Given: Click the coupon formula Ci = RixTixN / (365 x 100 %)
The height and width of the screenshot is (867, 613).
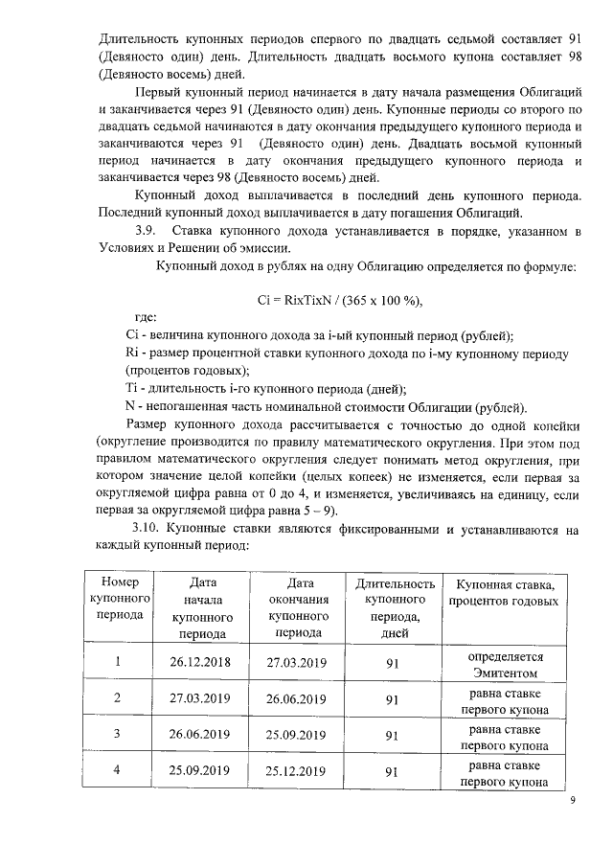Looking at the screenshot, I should click(340, 300).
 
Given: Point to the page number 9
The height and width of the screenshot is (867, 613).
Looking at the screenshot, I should click(572, 801).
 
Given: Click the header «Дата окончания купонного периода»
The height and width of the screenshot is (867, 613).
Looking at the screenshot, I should click(298, 607).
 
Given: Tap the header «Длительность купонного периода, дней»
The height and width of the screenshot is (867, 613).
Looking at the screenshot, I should click(395, 607).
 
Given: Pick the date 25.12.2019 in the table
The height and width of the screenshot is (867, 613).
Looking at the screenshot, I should click(298, 770).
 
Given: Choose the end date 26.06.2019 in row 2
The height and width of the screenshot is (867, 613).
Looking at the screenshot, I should click(298, 698).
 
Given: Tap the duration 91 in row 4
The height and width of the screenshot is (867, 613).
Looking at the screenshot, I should click(392, 771).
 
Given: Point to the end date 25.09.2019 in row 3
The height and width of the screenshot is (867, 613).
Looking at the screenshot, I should click(298, 735).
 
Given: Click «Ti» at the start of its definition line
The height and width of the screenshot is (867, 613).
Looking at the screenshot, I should click(132, 388).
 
